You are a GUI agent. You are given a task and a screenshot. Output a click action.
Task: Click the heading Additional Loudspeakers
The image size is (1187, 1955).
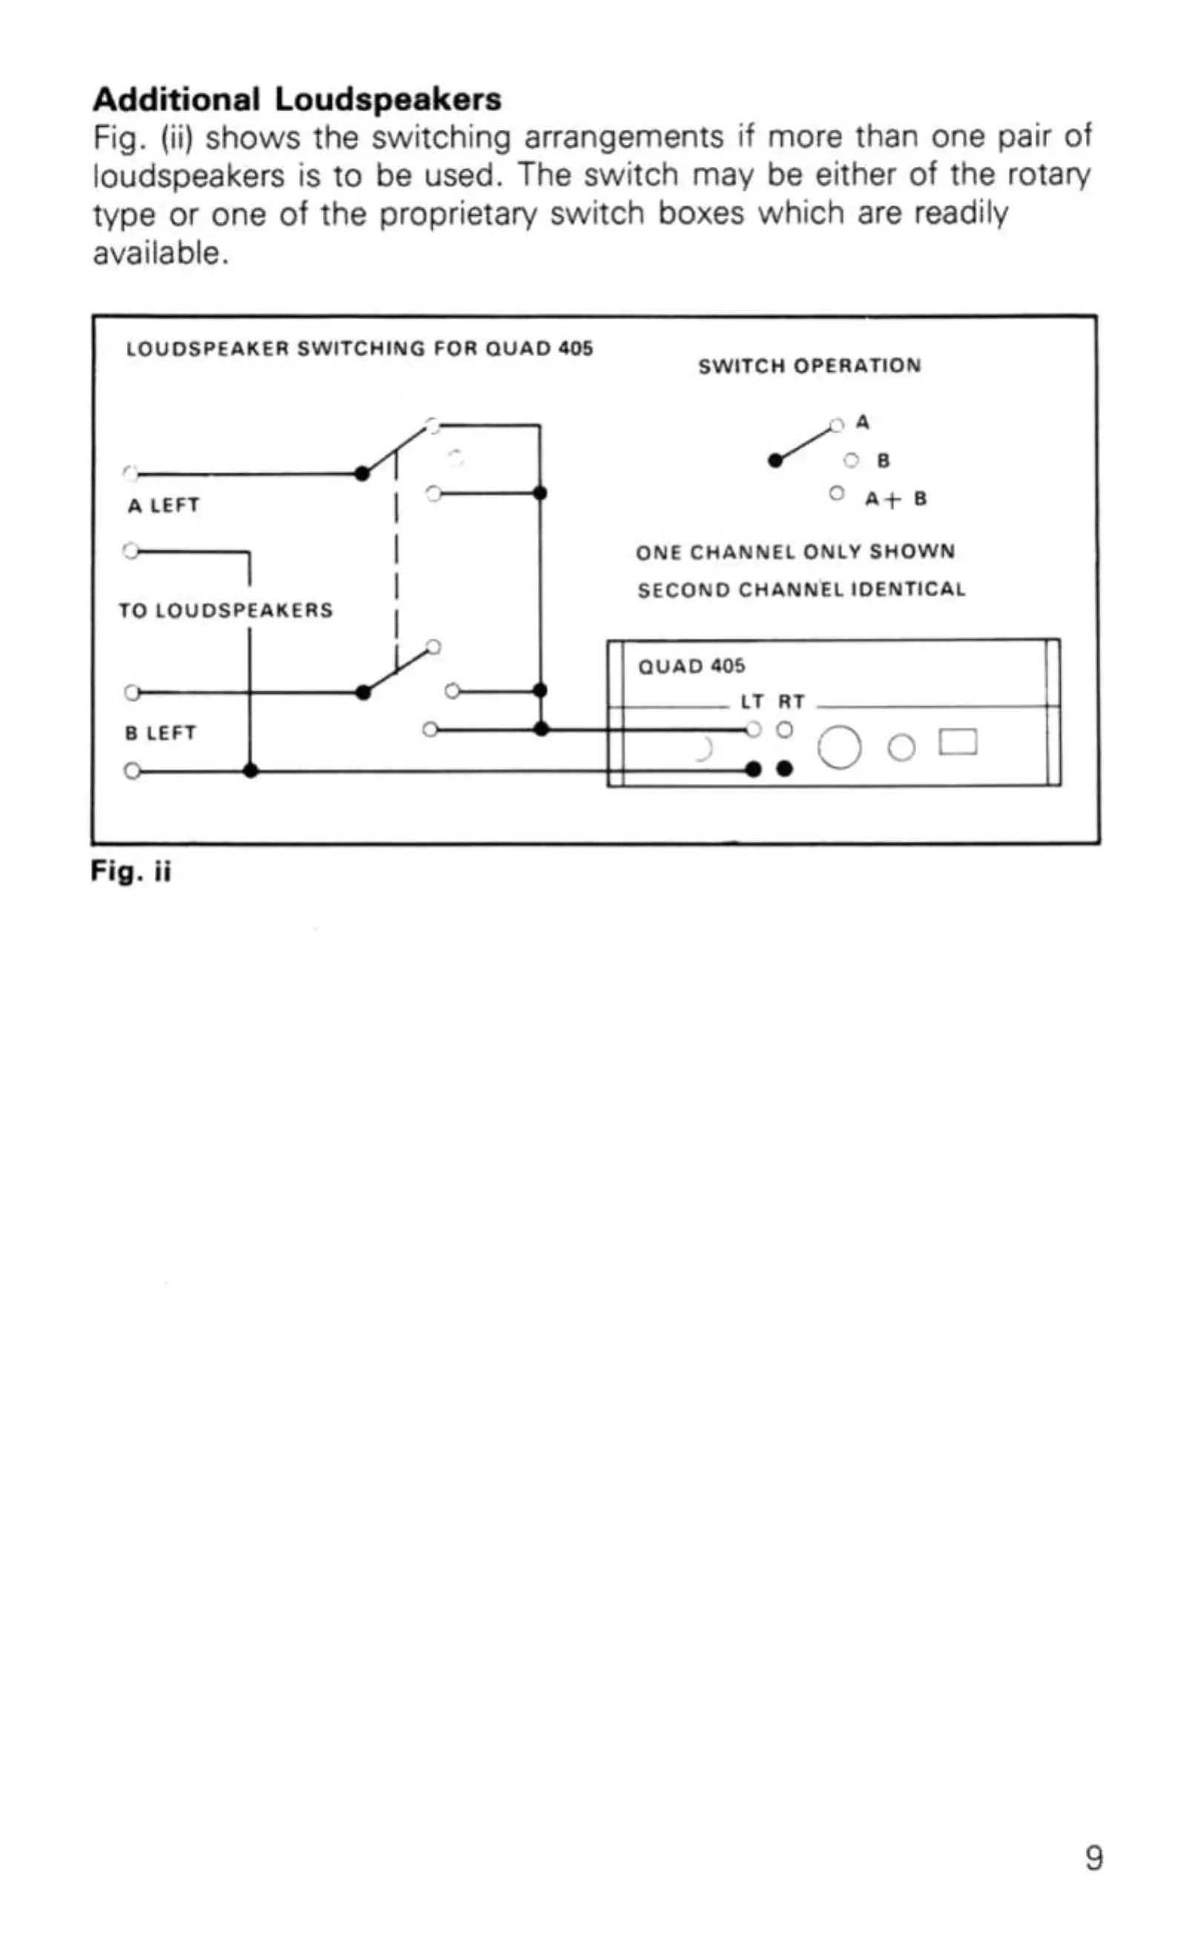click(297, 99)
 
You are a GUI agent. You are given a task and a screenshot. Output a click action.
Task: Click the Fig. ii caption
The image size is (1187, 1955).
click(131, 871)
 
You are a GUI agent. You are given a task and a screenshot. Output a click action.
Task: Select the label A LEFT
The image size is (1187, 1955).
click(163, 505)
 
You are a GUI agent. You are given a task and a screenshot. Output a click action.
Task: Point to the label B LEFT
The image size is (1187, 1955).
click(160, 733)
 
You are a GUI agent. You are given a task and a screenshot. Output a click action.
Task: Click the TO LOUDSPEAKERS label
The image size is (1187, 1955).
click(226, 610)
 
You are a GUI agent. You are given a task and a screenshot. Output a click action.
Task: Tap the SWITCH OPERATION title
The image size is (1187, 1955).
click(809, 366)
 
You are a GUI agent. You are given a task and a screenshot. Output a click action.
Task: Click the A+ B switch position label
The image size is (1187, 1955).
click(895, 499)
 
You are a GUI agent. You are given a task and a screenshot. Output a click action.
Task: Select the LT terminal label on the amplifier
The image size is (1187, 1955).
click(752, 702)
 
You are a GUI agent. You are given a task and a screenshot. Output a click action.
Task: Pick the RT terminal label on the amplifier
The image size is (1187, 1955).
click(791, 702)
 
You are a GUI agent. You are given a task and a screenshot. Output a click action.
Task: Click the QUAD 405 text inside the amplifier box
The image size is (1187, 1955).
click(692, 666)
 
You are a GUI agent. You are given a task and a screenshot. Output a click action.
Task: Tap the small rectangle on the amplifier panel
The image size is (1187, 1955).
click(958, 742)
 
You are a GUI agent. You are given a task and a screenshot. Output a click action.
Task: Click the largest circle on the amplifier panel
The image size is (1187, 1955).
click(838, 747)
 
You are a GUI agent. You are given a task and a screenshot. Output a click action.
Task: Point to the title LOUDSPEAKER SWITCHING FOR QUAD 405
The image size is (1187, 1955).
click(359, 349)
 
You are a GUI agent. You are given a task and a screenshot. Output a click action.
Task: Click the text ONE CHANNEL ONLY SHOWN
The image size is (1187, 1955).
click(795, 552)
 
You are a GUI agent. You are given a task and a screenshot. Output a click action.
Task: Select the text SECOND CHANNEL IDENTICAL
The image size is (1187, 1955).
click(801, 590)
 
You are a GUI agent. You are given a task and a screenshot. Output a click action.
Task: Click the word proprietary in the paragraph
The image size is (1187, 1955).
click(460, 214)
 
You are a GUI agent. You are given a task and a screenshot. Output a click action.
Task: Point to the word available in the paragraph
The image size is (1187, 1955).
click(161, 253)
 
